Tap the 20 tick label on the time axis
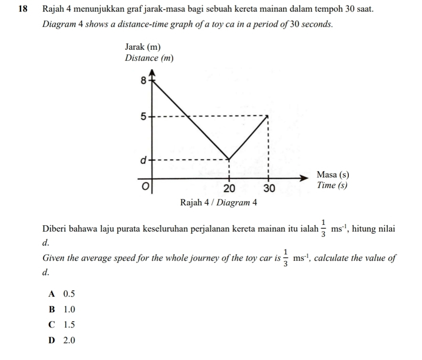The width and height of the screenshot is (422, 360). point(230,188)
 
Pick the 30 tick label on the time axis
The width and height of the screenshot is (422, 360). point(269,188)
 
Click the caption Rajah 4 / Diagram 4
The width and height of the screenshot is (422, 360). point(219,202)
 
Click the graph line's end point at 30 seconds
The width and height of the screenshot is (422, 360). point(268,115)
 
